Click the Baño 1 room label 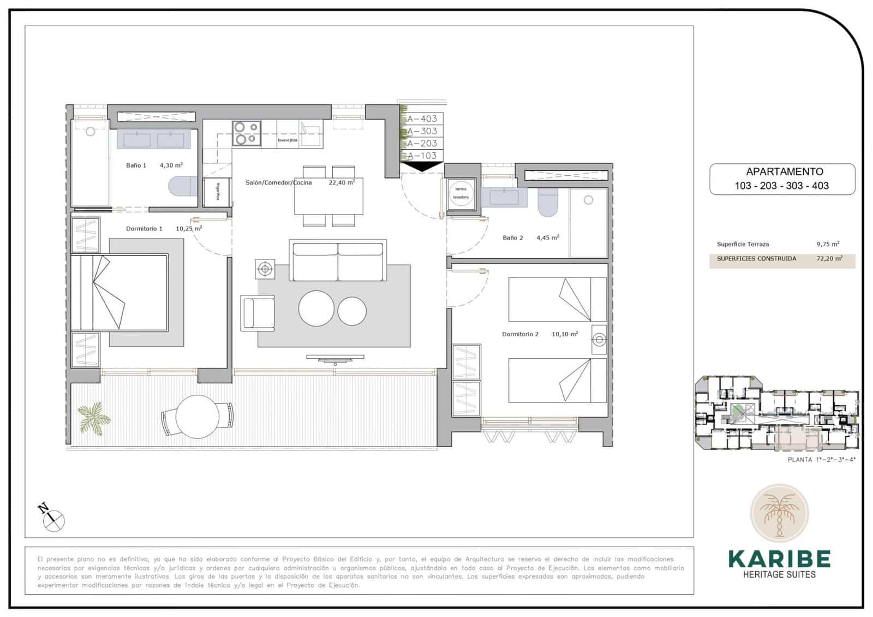pos(136,165)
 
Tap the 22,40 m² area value pos(342,183)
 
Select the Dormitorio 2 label pos(520,334)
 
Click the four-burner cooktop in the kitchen pos(246,133)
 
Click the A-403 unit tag pos(422,118)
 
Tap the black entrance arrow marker pos(422,166)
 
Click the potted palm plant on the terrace pos(94,418)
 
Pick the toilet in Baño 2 pos(547,202)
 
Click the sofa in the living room pos(338,260)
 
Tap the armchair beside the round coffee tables pos(258,313)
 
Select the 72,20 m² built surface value pos(829,259)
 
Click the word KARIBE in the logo pos(779,559)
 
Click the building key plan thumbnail pos(776,413)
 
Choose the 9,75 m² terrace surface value pos(827,244)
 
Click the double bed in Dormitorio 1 pos(120,292)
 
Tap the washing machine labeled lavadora pos(461,194)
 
